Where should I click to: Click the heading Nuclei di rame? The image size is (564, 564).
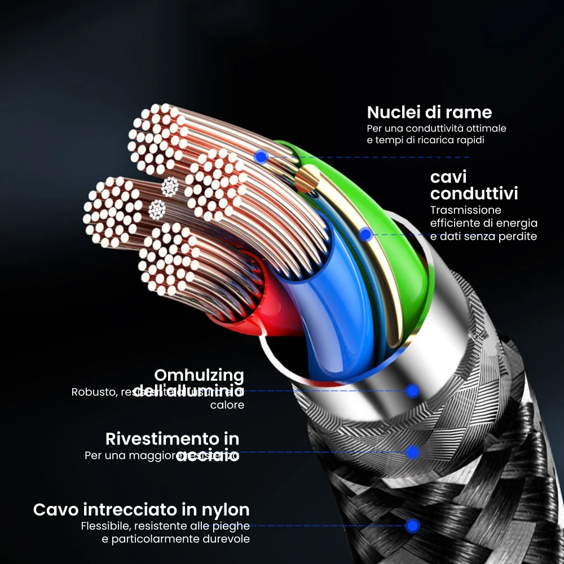[429, 112]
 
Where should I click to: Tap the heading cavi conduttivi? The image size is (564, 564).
[474, 186]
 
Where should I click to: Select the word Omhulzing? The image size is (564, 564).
[199, 375]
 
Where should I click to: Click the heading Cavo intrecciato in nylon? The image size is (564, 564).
[142, 510]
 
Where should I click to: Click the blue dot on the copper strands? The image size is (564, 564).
[260, 157]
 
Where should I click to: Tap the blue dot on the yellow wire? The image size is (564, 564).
[365, 234]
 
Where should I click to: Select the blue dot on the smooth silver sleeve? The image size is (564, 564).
[413, 390]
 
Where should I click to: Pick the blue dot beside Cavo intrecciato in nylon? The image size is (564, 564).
[413, 526]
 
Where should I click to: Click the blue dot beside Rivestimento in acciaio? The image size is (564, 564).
[412, 452]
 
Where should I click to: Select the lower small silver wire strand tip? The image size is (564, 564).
[157, 210]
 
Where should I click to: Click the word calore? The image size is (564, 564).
[227, 405]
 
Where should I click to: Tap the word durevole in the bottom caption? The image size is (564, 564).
[226, 539]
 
